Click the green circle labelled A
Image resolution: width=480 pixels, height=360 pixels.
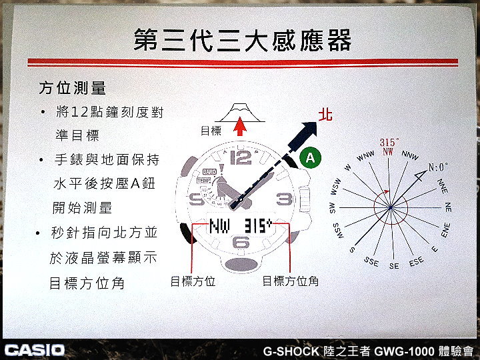coord(310,158)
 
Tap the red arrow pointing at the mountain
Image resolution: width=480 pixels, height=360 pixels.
coord(240,126)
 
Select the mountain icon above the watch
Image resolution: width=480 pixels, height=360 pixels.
coord(240,113)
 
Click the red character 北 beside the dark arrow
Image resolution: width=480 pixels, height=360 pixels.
coord(325,115)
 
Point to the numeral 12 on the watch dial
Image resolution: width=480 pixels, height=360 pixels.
coord(241,157)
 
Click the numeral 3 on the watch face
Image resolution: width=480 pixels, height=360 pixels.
coord(284,199)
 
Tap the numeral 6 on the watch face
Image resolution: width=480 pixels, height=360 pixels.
coord(241,242)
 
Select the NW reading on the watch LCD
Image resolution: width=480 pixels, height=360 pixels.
coord(219,226)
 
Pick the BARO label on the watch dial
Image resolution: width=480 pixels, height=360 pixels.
coord(209,172)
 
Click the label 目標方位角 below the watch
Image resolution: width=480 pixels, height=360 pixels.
coord(291,281)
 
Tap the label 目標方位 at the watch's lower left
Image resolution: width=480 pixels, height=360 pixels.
coord(193,281)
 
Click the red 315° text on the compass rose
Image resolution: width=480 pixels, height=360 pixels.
coord(389,143)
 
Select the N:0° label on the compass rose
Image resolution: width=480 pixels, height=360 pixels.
coord(438,167)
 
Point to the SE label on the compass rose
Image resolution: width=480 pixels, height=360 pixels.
coord(394,266)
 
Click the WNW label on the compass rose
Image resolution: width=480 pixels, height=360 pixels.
coord(365,156)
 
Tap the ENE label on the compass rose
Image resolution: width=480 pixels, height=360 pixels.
coord(445,230)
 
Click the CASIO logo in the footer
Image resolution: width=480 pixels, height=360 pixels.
coord(35,350)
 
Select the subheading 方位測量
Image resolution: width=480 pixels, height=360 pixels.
coord(72,88)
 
